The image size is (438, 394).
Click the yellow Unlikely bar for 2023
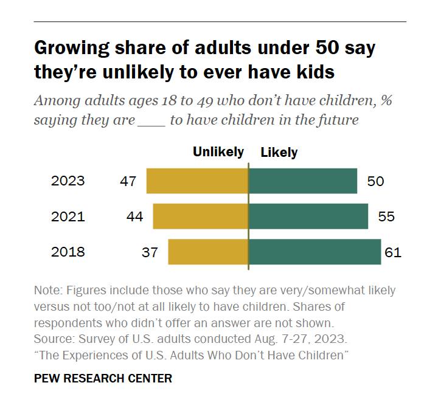click(x=197, y=181)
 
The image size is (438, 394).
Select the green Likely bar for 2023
click(x=302, y=181)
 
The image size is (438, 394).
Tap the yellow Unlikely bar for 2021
click(x=200, y=216)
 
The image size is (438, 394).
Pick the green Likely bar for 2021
click(x=308, y=216)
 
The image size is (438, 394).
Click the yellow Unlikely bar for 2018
click(x=208, y=252)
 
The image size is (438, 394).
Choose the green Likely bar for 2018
click(x=315, y=252)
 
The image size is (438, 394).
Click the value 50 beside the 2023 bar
click(x=375, y=181)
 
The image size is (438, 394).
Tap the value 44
click(x=134, y=216)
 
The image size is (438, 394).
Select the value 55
click(x=386, y=216)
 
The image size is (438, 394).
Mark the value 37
click(x=150, y=252)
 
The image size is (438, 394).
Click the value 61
click(x=393, y=252)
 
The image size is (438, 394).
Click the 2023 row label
click(x=68, y=181)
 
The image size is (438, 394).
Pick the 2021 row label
click(x=68, y=216)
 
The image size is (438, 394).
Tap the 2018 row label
click(x=68, y=252)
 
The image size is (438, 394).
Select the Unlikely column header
click(x=218, y=152)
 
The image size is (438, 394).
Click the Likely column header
click(x=279, y=152)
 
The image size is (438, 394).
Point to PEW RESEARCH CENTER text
click(x=103, y=378)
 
